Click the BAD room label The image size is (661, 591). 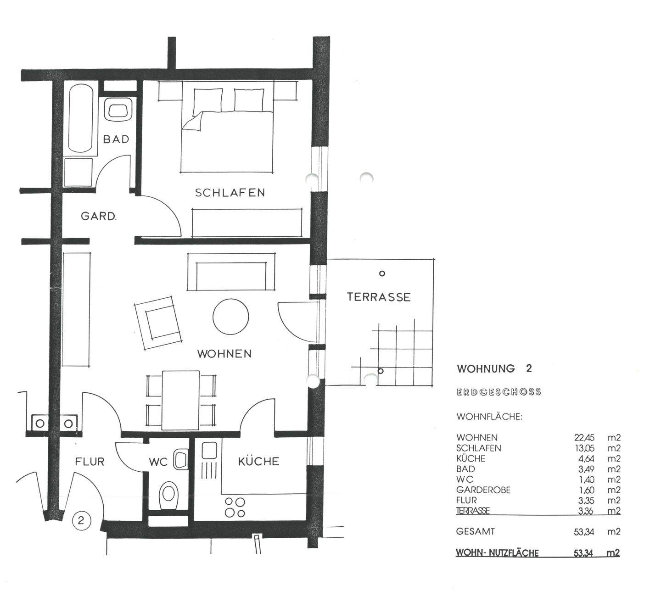coord(116,139)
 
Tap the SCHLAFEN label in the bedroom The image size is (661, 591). coord(230,193)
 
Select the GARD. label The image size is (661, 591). coord(99,216)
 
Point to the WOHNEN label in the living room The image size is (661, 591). coord(224,354)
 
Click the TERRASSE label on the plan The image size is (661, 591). coord(379,297)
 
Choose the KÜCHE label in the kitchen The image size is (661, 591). coord(258,461)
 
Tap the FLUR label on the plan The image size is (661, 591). coord(90,462)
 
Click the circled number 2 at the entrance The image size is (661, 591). coord(82,520)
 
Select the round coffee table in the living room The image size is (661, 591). coord(231,317)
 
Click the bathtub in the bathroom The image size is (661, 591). coord(81,118)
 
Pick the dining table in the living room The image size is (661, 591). coord(181,400)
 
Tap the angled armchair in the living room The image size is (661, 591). coord(157,323)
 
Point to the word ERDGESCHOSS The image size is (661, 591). coord(499,392)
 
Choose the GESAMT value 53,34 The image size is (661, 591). coord(584,532)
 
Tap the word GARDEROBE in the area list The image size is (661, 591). coord(483,490)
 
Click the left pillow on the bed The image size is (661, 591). coord(208,100)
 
